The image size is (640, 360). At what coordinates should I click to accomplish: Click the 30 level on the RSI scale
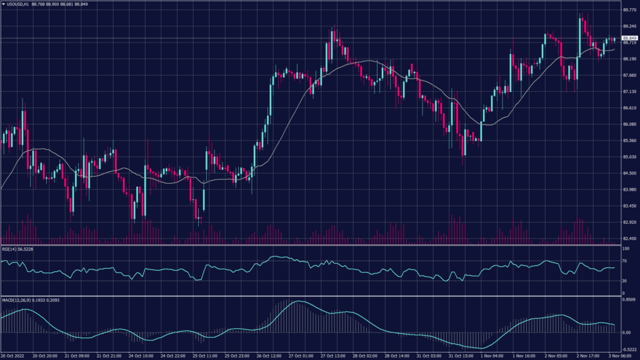coord(624,281)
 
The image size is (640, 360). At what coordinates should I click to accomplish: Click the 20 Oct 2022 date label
coord(12,356)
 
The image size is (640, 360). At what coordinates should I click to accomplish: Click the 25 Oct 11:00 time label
coord(205,356)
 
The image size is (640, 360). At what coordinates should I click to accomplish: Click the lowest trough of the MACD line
coord(481,348)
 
